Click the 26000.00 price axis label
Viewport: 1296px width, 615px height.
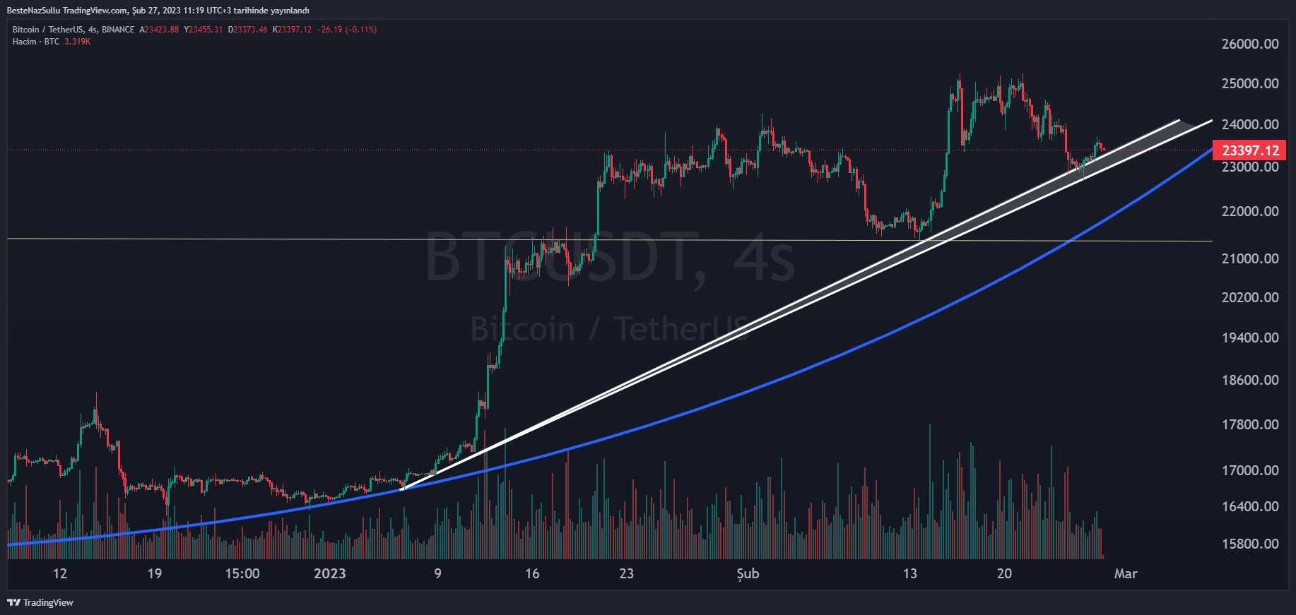pos(1249,44)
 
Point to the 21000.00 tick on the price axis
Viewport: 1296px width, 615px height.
pos(1249,258)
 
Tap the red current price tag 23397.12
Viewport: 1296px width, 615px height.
pos(1250,150)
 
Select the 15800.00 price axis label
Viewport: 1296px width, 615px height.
pos(1249,544)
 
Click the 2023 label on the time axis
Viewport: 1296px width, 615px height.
pos(329,573)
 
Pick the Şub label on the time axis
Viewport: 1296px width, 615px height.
pos(748,573)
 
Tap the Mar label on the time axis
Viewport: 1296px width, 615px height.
pos(1125,573)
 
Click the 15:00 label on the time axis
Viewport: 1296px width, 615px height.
pos(242,573)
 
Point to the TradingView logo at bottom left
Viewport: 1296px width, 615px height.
pos(40,602)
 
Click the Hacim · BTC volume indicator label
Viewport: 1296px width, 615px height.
pos(36,42)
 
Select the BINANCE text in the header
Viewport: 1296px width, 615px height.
pos(117,30)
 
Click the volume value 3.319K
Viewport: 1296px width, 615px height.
pos(77,42)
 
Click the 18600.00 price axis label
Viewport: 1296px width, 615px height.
pos(1249,380)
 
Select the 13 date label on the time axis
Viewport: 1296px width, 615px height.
pos(909,573)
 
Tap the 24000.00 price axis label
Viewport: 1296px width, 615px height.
pos(1249,124)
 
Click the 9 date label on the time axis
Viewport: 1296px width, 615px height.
pos(437,573)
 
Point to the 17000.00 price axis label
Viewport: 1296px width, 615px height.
pos(1249,470)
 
